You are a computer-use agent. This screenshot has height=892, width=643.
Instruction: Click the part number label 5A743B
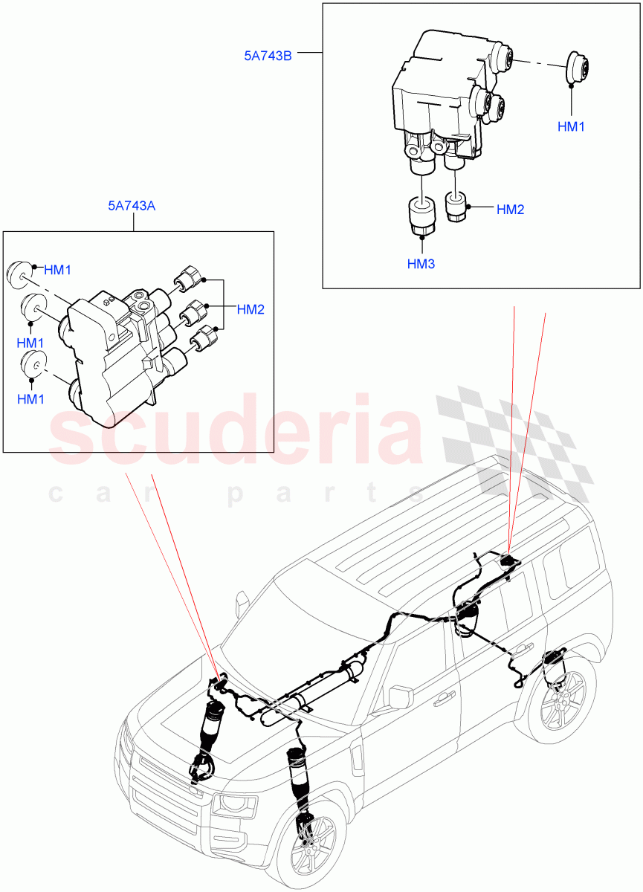pyautogui.click(x=268, y=54)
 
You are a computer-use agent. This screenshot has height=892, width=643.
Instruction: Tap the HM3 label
pyautogui.click(x=421, y=263)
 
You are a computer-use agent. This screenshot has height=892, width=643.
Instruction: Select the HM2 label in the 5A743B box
pyautogui.click(x=510, y=210)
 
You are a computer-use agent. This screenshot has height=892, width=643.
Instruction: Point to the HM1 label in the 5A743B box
pyautogui.click(x=571, y=126)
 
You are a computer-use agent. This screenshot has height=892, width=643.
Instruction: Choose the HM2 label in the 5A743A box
pyautogui.click(x=251, y=309)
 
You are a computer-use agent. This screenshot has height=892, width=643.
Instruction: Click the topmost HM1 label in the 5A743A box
pyautogui.click(x=57, y=270)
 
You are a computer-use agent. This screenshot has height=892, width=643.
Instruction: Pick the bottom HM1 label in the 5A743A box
pyautogui.click(x=30, y=399)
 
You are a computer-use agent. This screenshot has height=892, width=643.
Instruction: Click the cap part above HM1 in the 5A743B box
pyautogui.click(x=577, y=68)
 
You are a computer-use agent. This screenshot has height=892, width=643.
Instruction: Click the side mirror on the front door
pyautogui.click(x=401, y=697)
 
